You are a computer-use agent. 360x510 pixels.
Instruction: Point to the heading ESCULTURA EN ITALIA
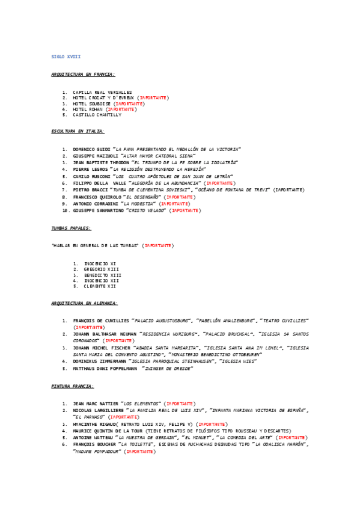pos(78,131)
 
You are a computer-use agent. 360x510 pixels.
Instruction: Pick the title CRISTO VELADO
pos(144,211)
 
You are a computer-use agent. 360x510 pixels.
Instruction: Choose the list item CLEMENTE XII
pos(99,286)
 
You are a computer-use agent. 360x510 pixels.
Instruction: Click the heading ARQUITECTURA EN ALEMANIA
pos(84,304)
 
